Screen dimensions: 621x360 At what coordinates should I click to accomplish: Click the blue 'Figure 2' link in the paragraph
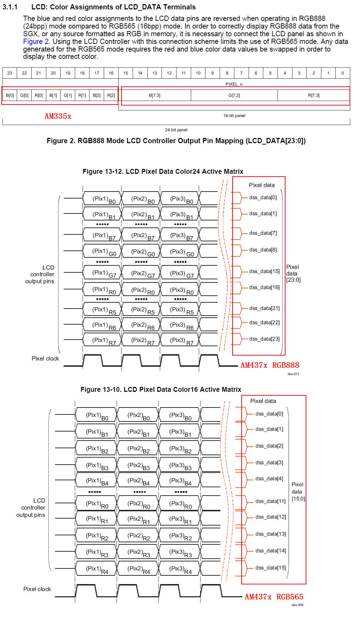(x=36, y=41)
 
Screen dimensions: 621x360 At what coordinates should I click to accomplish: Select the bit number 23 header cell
(x=10, y=73)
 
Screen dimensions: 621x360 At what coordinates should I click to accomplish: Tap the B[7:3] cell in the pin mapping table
(x=155, y=95)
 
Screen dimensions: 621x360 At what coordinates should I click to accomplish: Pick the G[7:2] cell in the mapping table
(x=234, y=95)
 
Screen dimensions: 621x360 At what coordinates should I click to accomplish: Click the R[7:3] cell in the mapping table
(x=313, y=95)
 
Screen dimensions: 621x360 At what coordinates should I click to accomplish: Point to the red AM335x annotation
(x=58, y=116)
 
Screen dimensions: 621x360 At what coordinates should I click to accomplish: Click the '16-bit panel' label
(x=234, y=116)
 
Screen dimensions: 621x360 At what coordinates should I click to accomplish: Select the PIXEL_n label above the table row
(x=234, y=84)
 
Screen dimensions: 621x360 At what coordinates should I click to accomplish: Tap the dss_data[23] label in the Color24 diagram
(x=264, y=339)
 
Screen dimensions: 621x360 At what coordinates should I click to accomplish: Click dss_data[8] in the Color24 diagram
(x=263, y=250)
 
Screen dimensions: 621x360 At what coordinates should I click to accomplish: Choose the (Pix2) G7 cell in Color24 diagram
(x=143, y=273)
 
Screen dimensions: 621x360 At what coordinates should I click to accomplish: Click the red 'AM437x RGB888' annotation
(x=270, y=365)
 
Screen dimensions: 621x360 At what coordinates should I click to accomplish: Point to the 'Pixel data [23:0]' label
(x=293, y=273)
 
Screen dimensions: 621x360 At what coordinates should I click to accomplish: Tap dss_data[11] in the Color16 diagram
(x=270, y=501)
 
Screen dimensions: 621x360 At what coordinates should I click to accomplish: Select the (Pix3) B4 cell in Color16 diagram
(x=180, y=481)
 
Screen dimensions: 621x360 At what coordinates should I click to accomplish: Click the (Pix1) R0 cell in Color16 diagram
(x=97, y=504)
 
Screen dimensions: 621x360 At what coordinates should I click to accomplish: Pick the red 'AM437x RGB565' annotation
(x=274, y=597)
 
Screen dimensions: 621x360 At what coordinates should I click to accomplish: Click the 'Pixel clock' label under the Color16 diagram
(x=37, y=589)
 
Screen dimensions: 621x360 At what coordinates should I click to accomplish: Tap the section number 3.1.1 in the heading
(x=10, y=7)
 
